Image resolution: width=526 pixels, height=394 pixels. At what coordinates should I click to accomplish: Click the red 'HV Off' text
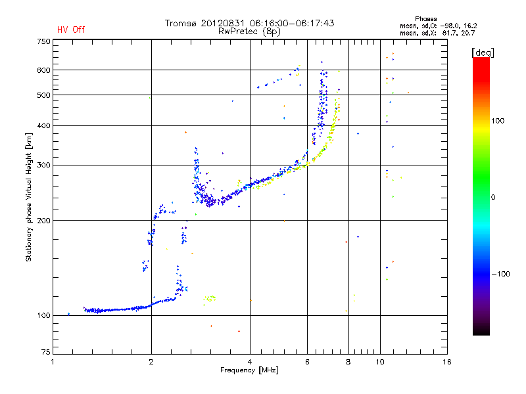[x=71, y=30]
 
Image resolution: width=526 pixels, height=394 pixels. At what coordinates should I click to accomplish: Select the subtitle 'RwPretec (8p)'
[x=250, y=31]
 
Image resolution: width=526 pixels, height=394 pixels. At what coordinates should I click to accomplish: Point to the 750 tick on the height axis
[x=43, y=41]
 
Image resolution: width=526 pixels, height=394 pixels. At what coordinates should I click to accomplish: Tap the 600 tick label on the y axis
[x=43, y=70]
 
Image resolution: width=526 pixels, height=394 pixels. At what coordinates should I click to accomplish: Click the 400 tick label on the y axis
[x=43, y=125]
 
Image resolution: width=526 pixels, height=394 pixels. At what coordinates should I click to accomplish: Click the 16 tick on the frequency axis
[x=447, y=362]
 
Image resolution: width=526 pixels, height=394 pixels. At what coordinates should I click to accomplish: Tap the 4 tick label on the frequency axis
[x=250, y=362]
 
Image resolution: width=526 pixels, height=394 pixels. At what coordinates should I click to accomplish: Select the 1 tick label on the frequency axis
[x=53, y=362]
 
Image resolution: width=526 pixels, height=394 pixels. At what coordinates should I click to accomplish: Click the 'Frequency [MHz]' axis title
[x=249, y=370]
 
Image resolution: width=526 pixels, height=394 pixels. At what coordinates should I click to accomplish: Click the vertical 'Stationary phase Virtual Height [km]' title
[x=29, y=196]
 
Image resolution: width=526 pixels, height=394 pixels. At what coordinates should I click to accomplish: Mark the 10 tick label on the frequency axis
[x=380, y=362]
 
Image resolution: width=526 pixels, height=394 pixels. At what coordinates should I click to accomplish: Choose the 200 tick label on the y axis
[x=43, y=220]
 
